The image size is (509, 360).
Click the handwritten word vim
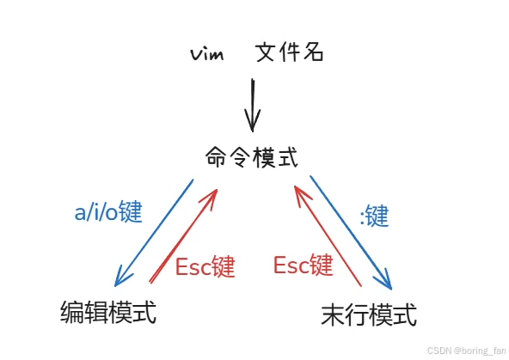pyautogui.click(x=208, y=54)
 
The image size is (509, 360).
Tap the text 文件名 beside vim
pyautogui.click(x=289, y=53)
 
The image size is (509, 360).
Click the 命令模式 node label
pyautogui.click(x=252, y=157)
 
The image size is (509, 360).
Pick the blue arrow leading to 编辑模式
pyautogui.click(x=155, y=232)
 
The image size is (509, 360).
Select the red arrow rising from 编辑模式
pyautogui.click(x=183, y=235)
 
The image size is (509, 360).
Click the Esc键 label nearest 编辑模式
pyautogui.click(x=205, y=266)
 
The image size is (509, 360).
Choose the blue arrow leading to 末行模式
pyautogui.click(x=351, y=233)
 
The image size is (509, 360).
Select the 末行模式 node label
pyautogui.click(x=369, y=314)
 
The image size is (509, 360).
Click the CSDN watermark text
pyautogui.click(x=439, y=350)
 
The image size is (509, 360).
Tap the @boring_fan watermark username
pyautogui.click(x=478, y=350)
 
